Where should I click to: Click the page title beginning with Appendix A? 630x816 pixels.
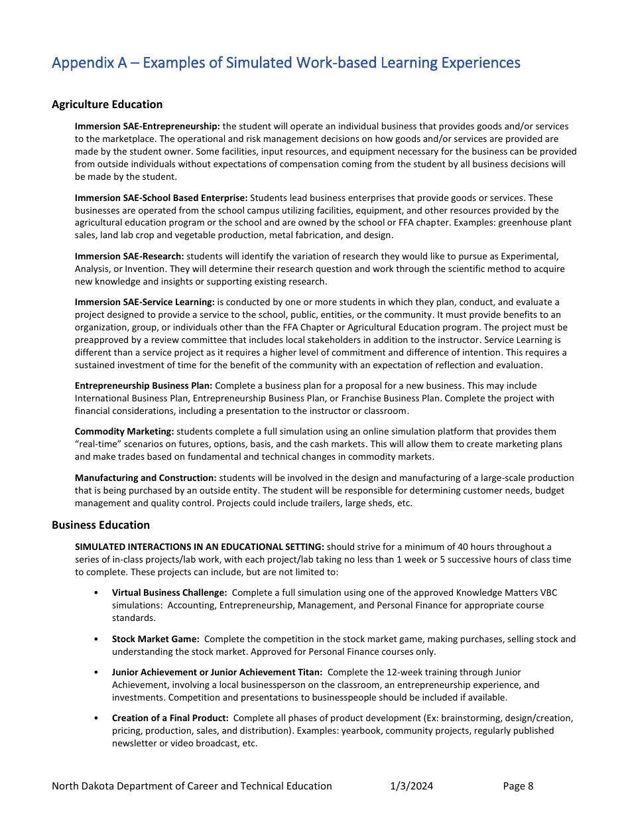(286, 63)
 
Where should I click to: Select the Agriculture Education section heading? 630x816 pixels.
(107, 104)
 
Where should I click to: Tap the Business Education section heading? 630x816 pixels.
(101, 525)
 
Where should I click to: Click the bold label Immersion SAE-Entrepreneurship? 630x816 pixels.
(147, 126)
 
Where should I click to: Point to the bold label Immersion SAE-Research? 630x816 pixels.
(129, 256)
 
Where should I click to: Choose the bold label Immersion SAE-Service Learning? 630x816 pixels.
(145, 302)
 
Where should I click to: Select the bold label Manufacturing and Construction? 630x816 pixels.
(145, 478)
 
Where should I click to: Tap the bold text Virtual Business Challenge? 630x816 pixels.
(170, 592)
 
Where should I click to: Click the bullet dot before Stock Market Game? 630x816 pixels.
(97, 640)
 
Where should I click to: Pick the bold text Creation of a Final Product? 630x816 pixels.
(170, 718)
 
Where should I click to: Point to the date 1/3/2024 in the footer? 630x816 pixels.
(411, 786)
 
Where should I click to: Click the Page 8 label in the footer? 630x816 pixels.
(518, 786)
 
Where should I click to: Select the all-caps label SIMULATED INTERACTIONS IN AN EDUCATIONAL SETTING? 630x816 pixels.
(200, 547)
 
